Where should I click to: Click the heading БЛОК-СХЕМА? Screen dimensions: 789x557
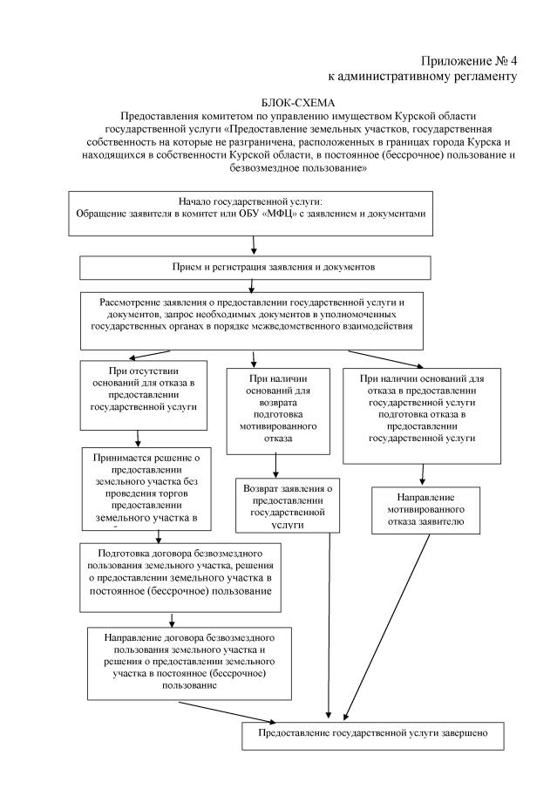point(278,103)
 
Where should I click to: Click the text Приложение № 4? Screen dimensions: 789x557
point(470,61)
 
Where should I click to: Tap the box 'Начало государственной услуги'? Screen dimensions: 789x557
point(250,212)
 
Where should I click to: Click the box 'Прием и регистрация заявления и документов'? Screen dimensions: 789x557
point(255,266)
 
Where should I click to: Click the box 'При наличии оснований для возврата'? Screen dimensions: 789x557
point(278,410)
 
